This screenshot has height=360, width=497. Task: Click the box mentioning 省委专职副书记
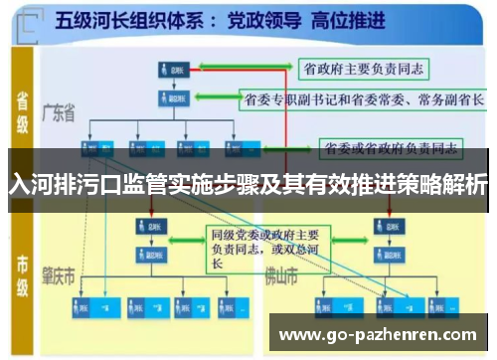point(364,99)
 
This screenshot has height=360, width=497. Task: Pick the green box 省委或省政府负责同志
point(390,149)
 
